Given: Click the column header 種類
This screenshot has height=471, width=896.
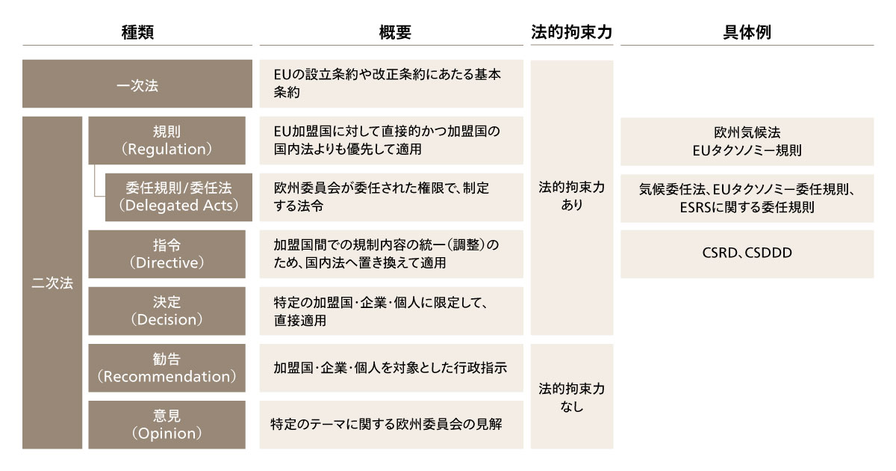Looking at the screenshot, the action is click(137, 32).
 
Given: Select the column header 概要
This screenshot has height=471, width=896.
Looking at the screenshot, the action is click(395, 32).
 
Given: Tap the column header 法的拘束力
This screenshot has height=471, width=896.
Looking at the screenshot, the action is click(572, 32).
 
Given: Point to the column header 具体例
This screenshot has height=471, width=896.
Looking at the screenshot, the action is click(747, 32).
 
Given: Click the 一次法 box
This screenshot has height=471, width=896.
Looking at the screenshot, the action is click(137, 84).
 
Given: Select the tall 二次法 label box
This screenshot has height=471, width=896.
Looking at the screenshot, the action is click(52, 283).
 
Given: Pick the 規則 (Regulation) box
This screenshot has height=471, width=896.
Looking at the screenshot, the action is click(167, 141).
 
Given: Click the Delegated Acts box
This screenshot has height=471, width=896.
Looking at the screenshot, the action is click(178, 197).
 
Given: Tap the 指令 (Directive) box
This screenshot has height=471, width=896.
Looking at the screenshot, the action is click(167, 254).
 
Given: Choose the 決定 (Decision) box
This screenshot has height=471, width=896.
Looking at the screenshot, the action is click(167, 311).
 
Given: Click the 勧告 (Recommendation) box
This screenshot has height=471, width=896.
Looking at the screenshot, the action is click(167, 368).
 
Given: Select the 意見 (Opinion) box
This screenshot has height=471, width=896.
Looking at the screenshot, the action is click(167, 425).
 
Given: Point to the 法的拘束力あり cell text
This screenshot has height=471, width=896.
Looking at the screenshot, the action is click(572, 196).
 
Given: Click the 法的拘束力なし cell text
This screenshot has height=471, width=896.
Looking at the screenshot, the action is click(572, 397).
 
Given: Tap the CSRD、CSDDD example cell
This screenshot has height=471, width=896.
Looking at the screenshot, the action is click(747, 254).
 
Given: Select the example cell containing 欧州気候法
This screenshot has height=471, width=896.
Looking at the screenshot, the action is click(747, 141).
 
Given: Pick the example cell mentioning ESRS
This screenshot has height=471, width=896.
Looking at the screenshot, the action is click(747, 198).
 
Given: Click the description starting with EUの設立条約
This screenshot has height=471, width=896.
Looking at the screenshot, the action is click(391, 84).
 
